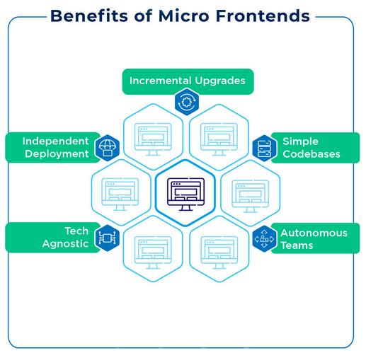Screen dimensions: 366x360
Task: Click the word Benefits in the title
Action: coord(89,16)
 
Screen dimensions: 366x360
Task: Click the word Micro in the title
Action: coord(183,16)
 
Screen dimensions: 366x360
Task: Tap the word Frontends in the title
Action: coord(263,16)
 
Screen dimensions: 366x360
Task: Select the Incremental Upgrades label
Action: coord(188,81)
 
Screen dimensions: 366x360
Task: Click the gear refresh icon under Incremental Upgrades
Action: coord(187,102)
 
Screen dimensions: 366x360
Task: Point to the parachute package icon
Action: coord(108,148)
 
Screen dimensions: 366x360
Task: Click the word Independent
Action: coord(55,141)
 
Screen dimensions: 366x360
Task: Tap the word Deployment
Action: coord(57,154)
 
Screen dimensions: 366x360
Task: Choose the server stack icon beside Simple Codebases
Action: coord(264,149)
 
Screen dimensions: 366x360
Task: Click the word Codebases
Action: coord(311,154)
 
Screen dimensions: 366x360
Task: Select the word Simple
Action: coord(300,141)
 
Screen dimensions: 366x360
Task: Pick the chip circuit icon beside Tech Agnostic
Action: coord(108,238)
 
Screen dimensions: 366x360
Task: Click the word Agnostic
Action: coord(65,244)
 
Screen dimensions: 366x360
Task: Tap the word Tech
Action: coord(76,231)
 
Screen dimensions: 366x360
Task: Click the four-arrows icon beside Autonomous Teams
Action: coord(264,238)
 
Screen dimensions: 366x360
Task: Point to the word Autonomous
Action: coord(314,233)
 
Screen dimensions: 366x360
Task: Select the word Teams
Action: coord(297,245)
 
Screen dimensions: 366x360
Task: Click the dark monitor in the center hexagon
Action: coord(185,194)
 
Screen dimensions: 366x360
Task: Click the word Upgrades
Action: coord(220,81)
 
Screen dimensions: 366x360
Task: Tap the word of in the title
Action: coord(143,16)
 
